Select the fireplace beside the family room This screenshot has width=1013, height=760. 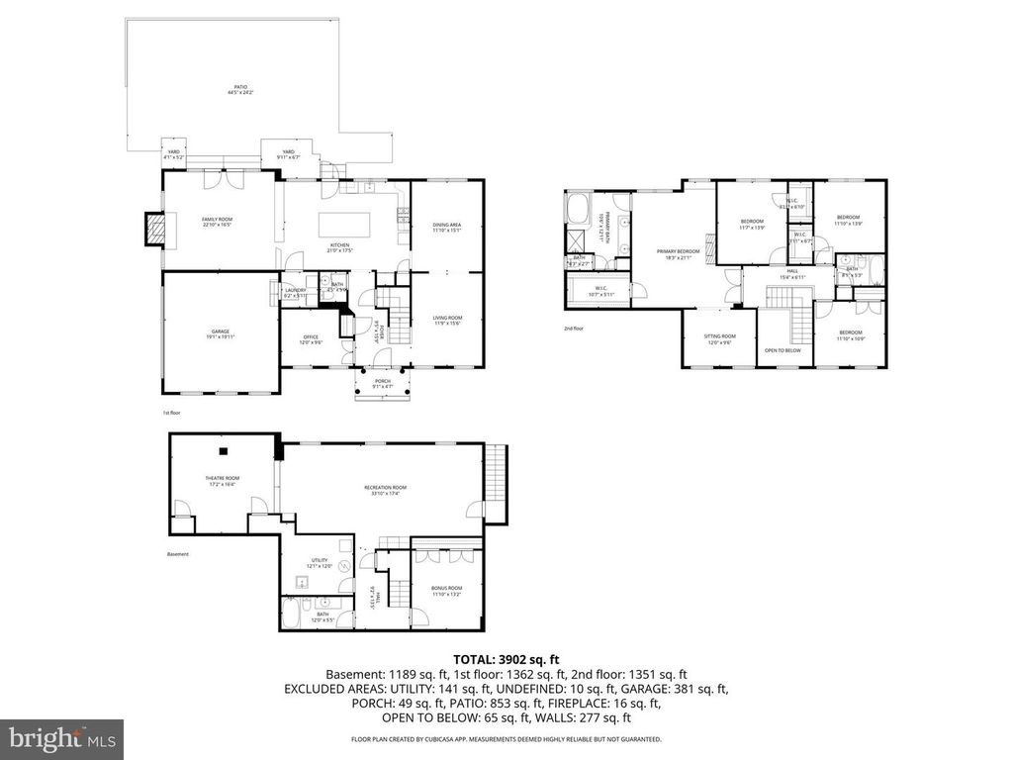pos(152,231)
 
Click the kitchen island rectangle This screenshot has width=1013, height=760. pos(343,223)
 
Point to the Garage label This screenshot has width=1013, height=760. pos(220,334)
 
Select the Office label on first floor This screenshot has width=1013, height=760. pos(311,339)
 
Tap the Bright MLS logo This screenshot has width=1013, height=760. pos(61,737)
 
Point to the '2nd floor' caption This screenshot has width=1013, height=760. pos(574,329)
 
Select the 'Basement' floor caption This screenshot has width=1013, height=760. pos(178,554)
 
